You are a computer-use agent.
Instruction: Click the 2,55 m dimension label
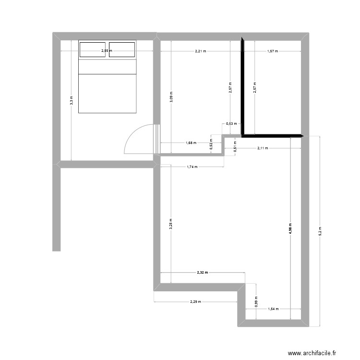click(107, 50)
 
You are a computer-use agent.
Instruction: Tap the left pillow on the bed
click(92, 49)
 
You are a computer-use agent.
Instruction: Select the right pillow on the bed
click(121, 49)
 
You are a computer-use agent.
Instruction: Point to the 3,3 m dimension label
click(71, 100)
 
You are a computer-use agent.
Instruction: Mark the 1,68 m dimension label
click(191, 143)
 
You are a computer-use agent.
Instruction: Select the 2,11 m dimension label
click(263, 148)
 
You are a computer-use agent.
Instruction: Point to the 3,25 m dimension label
click(170, 224)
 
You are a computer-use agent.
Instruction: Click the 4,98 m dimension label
click(290, 228)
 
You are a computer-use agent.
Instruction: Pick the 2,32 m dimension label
click(202, 273)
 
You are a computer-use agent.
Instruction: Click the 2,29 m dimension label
click(195, 302)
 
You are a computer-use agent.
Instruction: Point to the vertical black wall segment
click(243, 86)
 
